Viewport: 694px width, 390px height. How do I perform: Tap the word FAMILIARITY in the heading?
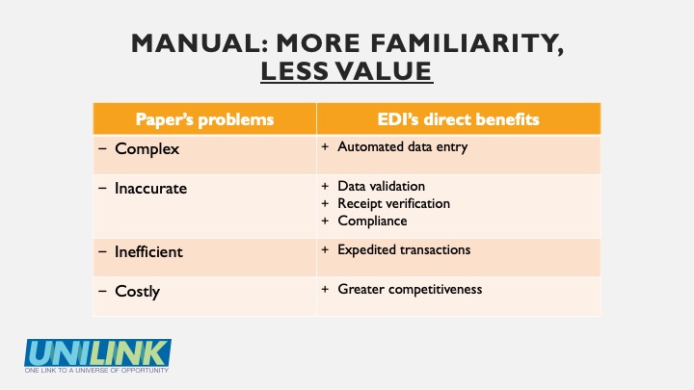tap(467, 44)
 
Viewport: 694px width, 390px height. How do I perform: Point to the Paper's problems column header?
tap(204, 119)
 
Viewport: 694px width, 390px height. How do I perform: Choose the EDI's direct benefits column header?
tap(458, 119)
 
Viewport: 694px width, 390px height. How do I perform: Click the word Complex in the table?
tap(147, 149)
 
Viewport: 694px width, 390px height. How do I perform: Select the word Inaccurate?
tap(150, 189)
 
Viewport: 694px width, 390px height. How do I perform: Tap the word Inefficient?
tap(148, 252)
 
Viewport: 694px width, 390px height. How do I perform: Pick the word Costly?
tap(137, 292)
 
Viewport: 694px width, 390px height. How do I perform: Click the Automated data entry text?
tap(402, 146)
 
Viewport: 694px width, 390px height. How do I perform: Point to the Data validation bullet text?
tap(381, 186)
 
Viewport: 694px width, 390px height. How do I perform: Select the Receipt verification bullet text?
tap(393, 203)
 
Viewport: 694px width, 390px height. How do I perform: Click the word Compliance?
tap(372, 221)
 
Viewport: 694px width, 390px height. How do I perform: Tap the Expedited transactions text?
tap(404, 249)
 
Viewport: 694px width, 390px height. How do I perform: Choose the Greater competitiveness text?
tap(410, 289)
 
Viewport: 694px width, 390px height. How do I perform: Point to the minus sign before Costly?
tap(103, 291)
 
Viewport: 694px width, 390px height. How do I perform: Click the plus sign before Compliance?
tap(325, 221)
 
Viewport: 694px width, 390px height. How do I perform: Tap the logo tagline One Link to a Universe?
tap(96, 370)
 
